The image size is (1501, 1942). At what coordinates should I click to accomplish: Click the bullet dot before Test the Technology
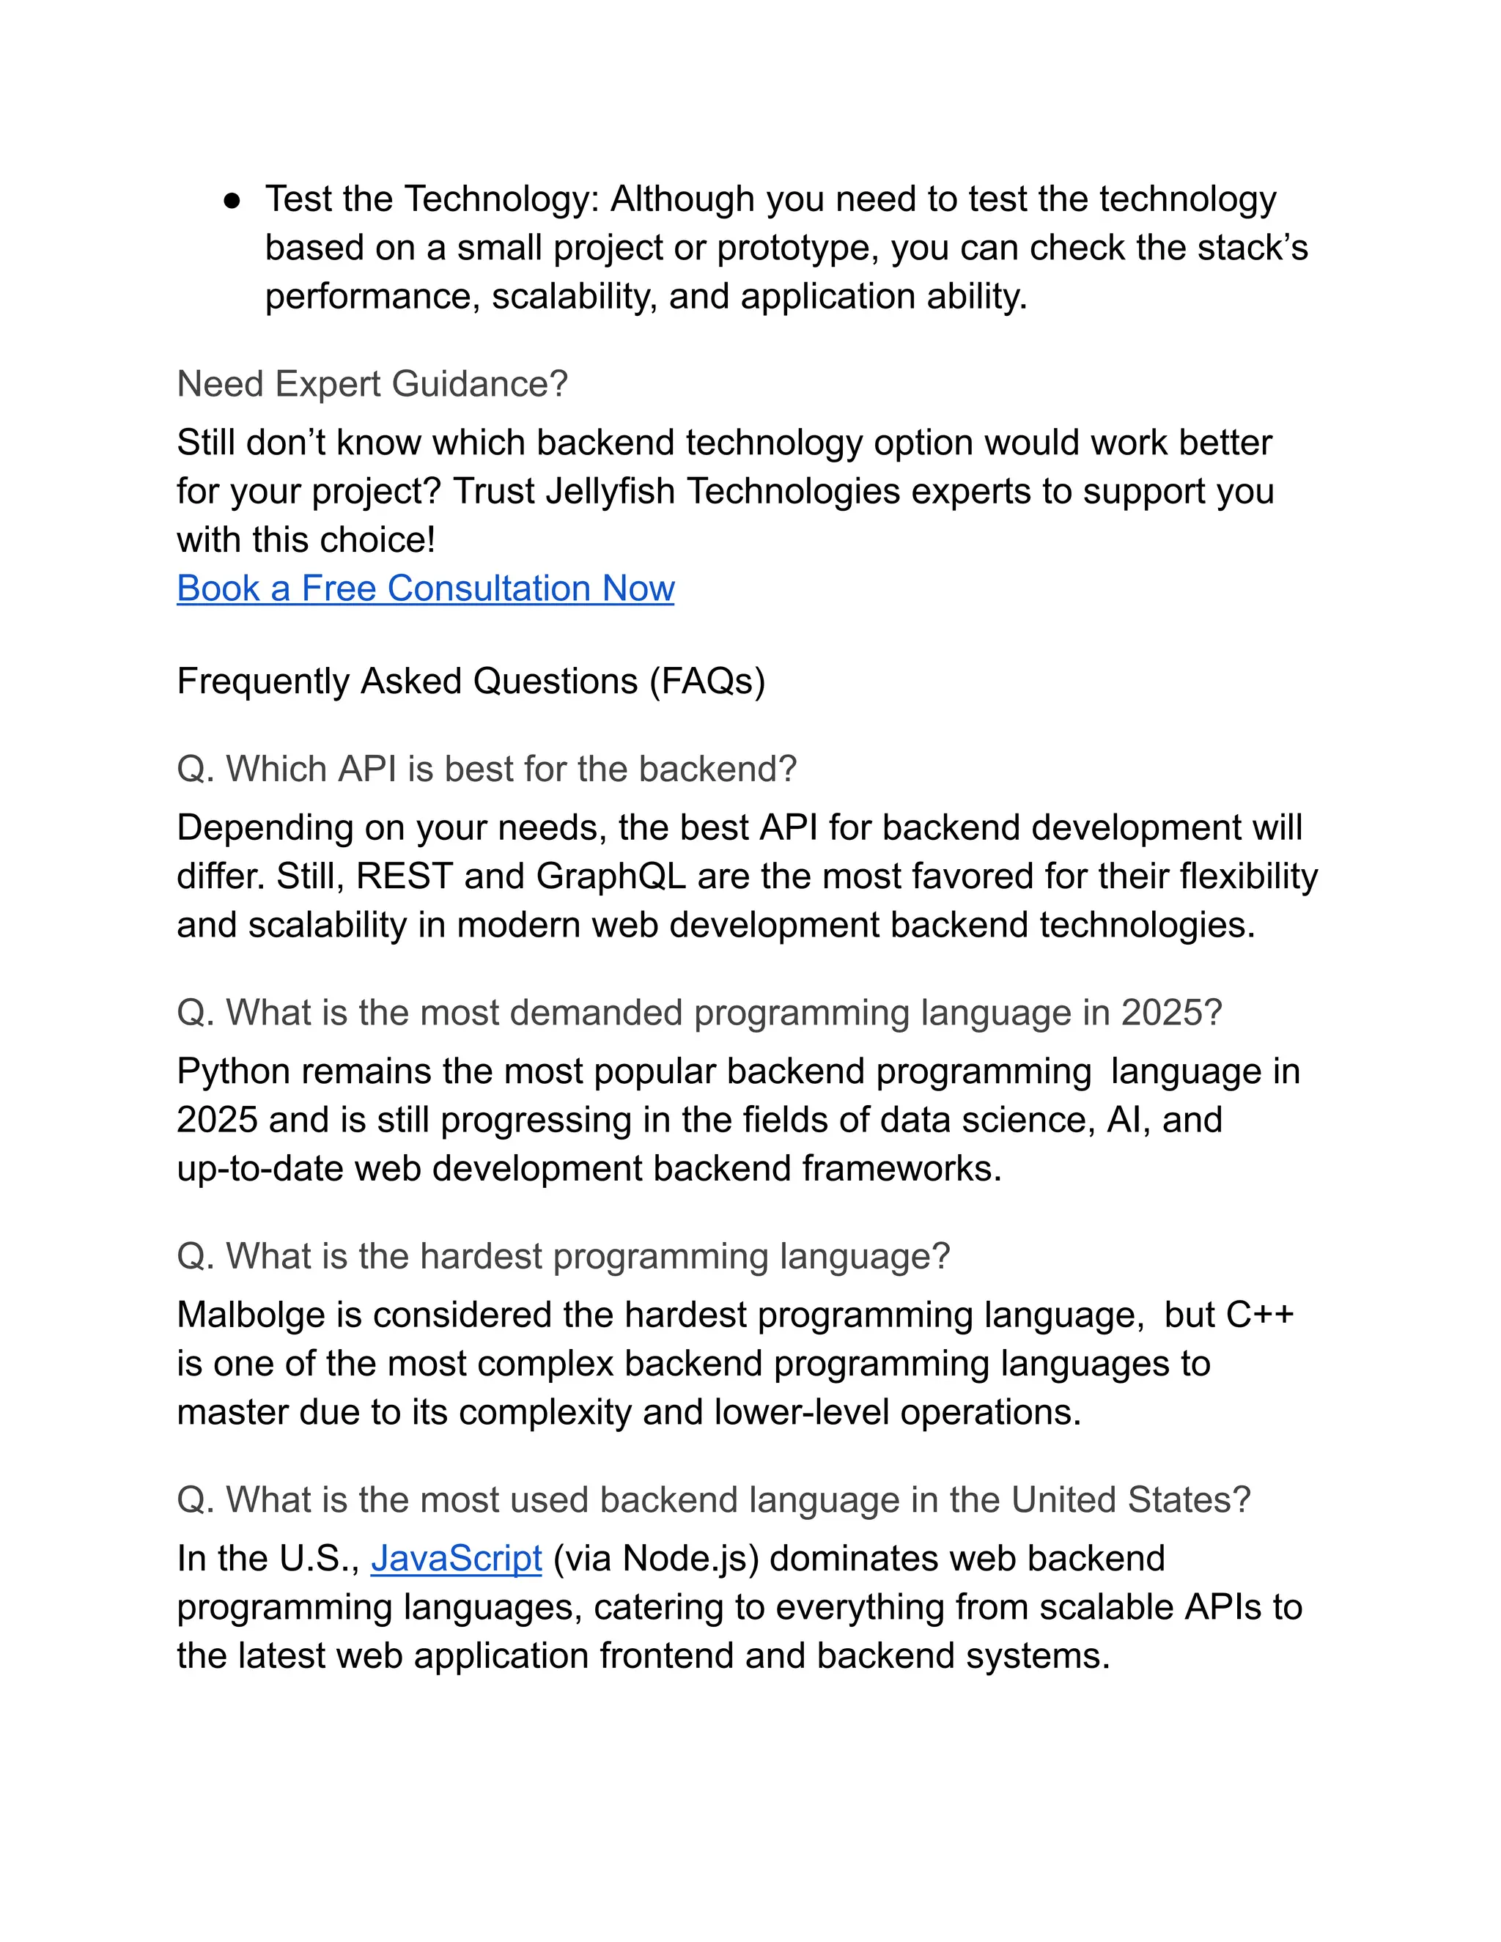tap(232, 202)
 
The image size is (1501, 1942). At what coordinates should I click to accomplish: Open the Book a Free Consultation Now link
tap(425, 588)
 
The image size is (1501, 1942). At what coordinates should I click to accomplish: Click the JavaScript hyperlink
tap(456, 1559)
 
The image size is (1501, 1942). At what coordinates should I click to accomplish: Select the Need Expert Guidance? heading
tap(372, 384)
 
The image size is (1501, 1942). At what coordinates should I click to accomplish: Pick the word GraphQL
tap(611, 876)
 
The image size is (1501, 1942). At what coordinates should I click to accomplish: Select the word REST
tap(405, 876)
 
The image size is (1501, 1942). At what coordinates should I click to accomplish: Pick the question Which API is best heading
tap(487, 769)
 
